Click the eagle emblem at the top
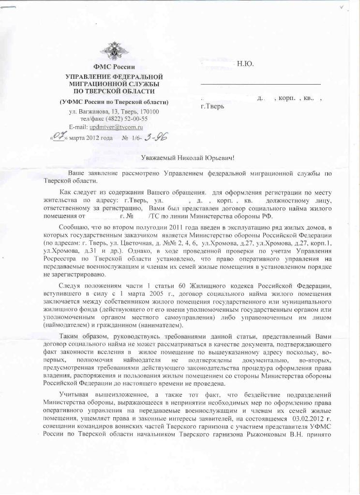point(115,51)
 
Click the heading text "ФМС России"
point(114,67)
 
